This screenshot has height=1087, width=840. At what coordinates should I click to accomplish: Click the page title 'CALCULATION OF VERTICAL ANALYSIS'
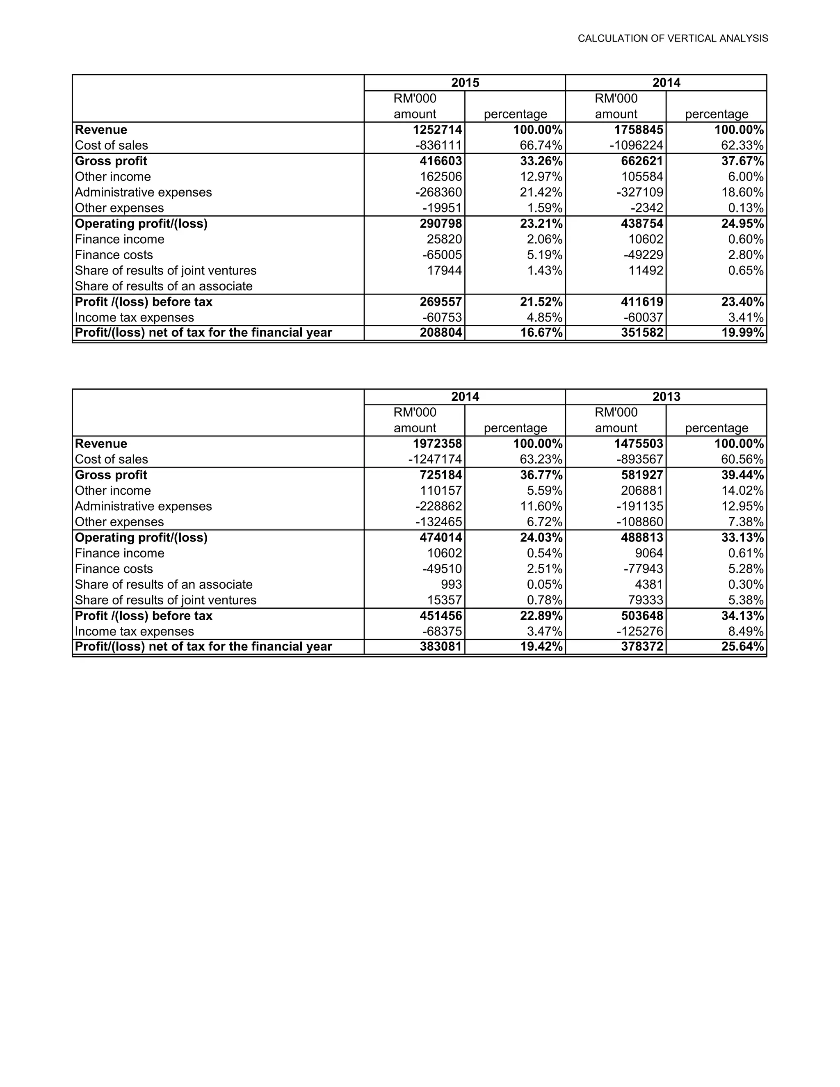click(672, 38)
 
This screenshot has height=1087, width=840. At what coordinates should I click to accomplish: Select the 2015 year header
click(465, 82)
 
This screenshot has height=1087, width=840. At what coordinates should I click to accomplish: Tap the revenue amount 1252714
click(437, 130)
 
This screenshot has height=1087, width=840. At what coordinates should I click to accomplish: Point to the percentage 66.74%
click(541, 145)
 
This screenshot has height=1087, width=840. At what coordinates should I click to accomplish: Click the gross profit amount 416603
click(441, 161)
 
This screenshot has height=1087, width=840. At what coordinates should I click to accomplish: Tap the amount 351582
click(642, 333)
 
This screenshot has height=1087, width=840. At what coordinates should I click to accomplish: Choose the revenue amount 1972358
click(437, 444)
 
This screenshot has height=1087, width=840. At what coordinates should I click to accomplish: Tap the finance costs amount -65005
click(442, 255)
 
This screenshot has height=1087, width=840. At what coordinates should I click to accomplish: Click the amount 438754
click(642, 224)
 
